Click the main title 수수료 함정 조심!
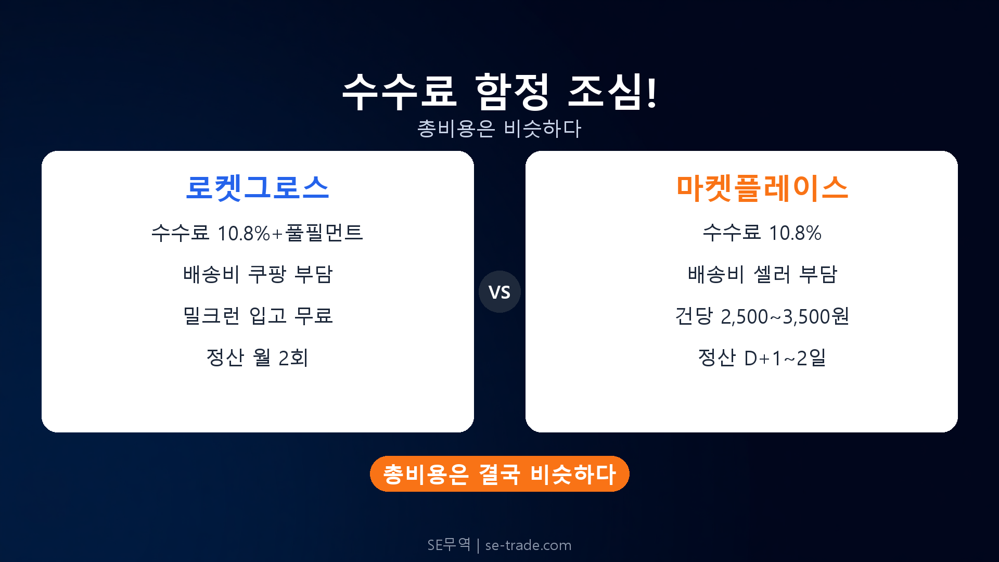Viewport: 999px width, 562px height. [x=499, y=92]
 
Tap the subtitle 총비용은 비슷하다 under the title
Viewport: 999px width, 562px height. [x=499, y=129]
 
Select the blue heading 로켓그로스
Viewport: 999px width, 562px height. [x=258, y=187]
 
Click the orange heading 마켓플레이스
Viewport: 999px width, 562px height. [x=762, y=187]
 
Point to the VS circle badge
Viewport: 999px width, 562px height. [x=499, y=292]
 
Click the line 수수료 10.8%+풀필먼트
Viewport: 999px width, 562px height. [x=258, y=233]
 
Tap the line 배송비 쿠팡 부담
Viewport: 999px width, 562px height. [x=258, y=274]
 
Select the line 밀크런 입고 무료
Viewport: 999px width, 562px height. [x=258, y=316]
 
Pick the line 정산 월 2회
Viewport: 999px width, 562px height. [x=258, y=357]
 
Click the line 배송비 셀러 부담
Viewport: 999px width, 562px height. [x=762, y=274]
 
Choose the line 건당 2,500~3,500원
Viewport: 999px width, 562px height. [x=762, y=316]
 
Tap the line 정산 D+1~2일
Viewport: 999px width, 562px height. [x=762, y=357]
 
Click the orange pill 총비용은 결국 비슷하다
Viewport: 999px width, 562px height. [x=499, y=474]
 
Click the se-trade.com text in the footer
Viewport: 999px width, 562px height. [x=528, y=545]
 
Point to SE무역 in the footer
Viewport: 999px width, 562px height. [x=449, y=545]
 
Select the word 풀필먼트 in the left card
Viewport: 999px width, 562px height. [x=324, y=233]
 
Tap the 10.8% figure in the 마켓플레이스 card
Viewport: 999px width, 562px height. [x=795, y=233]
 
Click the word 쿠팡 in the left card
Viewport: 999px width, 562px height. [x=267, y=274]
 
